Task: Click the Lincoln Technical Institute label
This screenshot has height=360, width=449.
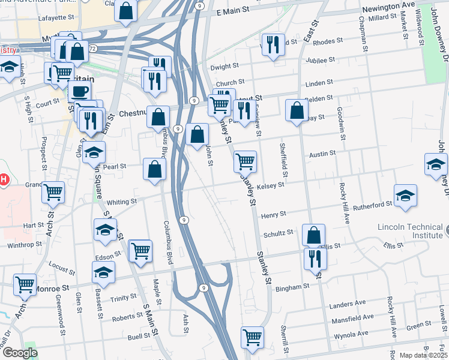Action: pos(410,231)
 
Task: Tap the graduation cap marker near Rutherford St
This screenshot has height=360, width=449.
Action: pos(406,196)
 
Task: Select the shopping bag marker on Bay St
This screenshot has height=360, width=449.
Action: pos(297,111)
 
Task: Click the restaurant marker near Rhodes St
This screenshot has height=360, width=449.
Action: pos(273,45)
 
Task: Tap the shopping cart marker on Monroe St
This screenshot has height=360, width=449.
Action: pos(25,285)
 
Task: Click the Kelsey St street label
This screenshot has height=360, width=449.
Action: pos(270,186)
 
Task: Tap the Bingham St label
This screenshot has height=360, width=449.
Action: pos(292,286)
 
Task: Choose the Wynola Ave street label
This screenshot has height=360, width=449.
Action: pos(351,334)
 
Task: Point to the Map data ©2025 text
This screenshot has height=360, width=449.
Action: pos(423,355)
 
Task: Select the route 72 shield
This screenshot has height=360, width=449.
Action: pos(91,47)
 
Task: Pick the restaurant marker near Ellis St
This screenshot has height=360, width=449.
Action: pos(315,259)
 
